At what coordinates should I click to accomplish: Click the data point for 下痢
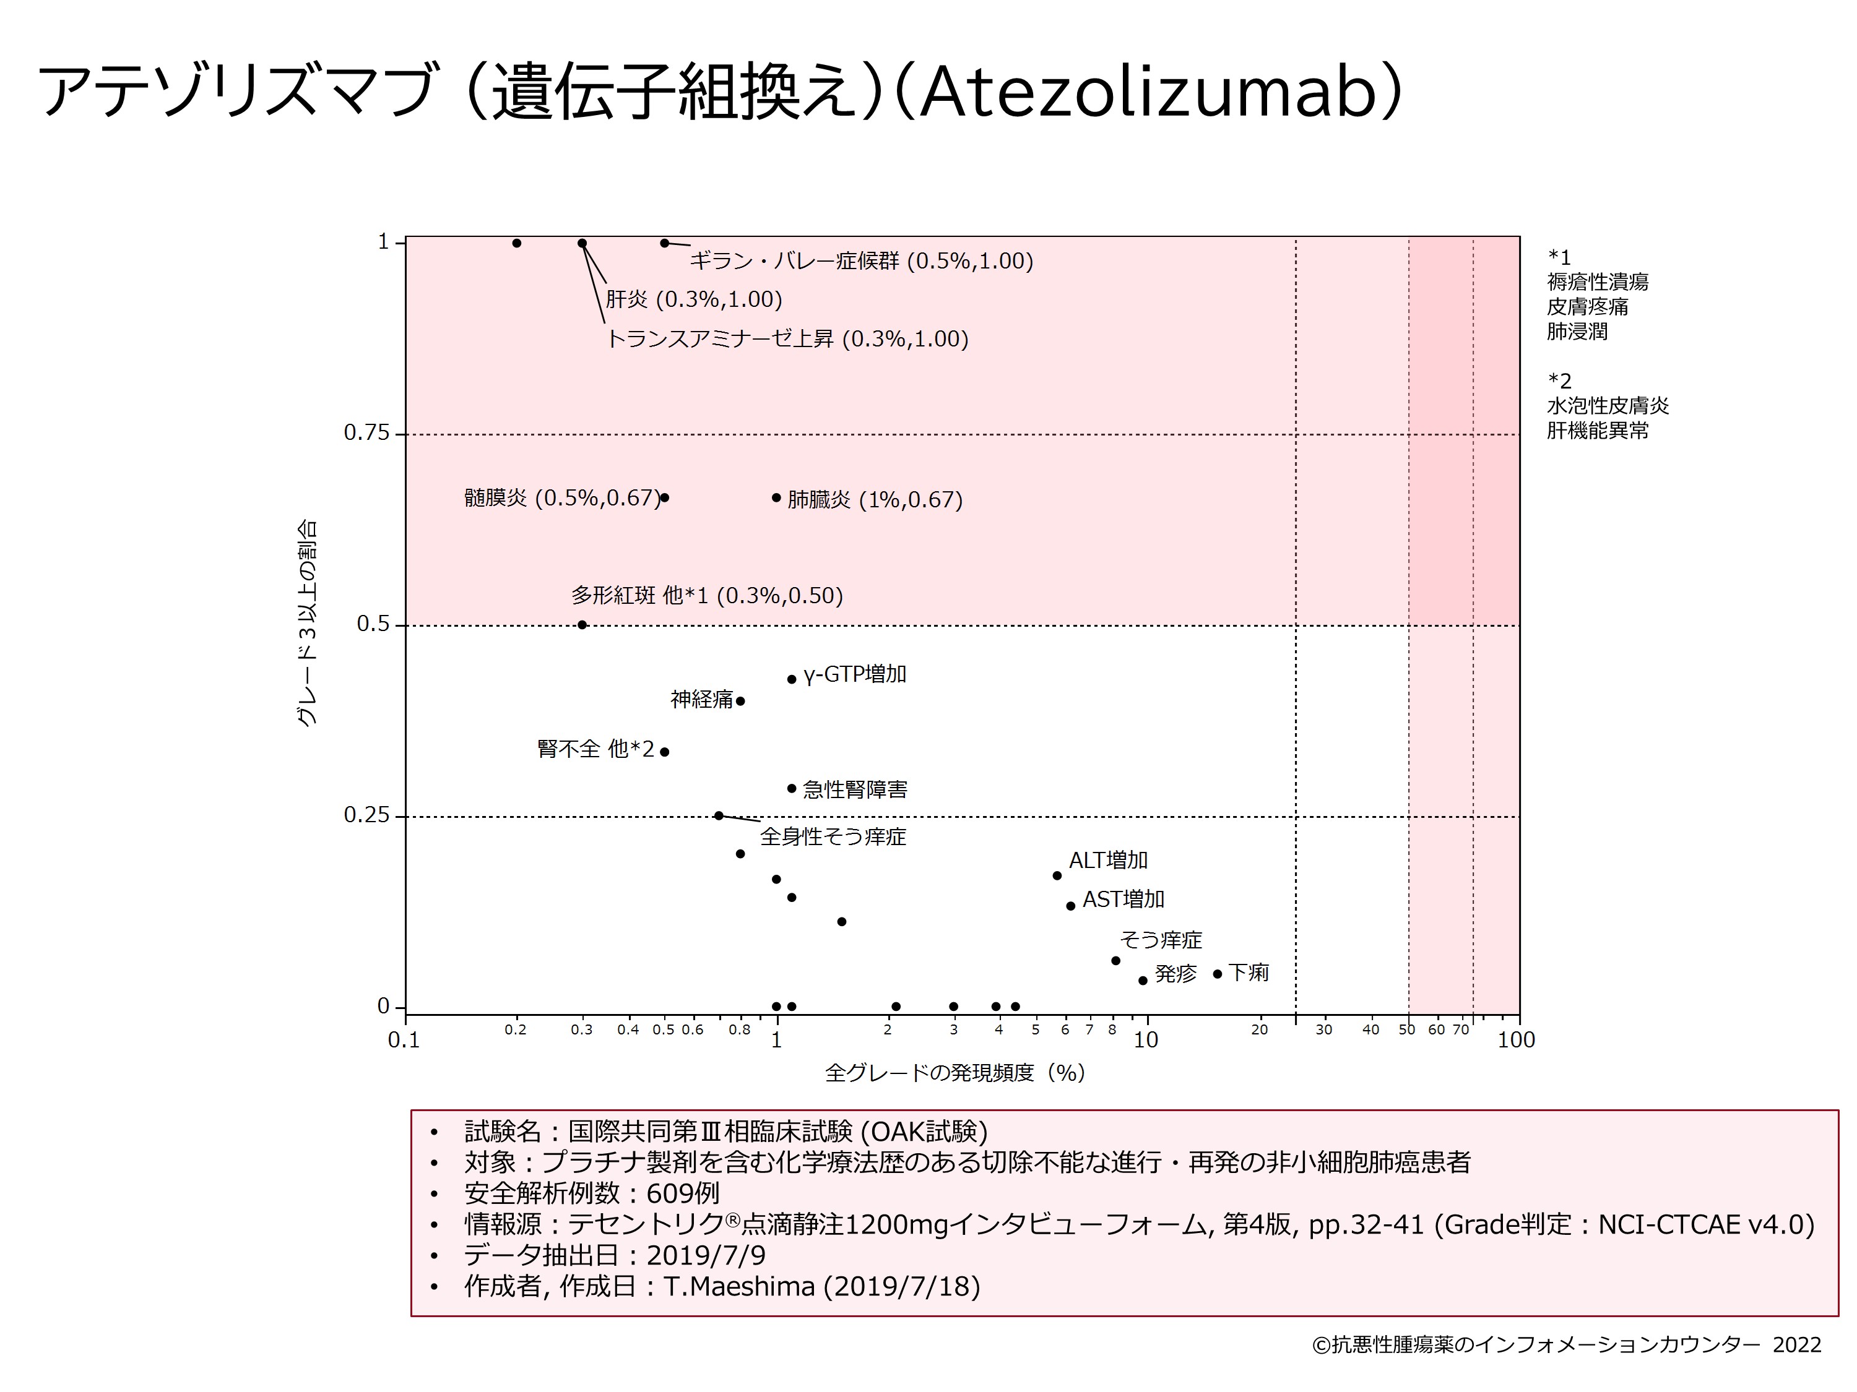pos(1218,974)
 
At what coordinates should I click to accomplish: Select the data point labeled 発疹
pos(1143,981)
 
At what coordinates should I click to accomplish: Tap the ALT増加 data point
pos(1057,876)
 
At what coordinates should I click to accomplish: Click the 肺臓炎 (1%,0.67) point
pos(777,497)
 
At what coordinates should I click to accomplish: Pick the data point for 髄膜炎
pos(665,497)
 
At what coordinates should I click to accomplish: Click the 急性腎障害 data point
pos(792,789)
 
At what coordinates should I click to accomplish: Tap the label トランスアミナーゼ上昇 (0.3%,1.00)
pos(787,339)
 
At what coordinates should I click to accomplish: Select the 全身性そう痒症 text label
pos(833,836)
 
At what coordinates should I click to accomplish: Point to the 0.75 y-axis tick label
pos(367,433)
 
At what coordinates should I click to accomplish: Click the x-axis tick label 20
pos(1259,1030)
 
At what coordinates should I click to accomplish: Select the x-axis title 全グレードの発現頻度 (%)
pos(955,1072)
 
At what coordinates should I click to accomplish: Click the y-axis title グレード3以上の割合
pos(307,622)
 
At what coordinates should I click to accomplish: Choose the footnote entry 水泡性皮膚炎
pos(1608,406)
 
